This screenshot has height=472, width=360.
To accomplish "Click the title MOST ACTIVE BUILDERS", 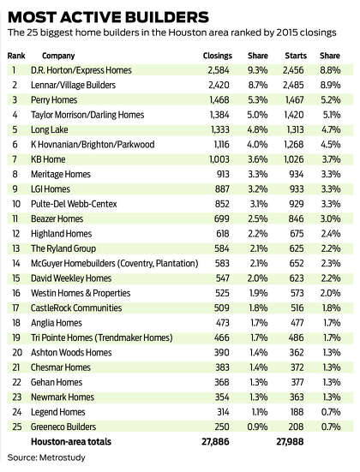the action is point(108,17).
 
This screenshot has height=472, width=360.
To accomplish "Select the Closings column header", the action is point(218,56).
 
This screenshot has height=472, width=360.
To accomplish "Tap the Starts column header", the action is point(296,56).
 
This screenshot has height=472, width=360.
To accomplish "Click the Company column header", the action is point(58,56).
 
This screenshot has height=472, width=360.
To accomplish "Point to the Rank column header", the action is point(16,56).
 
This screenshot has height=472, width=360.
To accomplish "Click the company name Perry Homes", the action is point(54,100).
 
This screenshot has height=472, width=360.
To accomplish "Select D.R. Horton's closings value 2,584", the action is point(219,70).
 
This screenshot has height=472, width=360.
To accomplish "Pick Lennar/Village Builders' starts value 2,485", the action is point(293,85).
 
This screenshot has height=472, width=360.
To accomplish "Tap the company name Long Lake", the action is point(50,129).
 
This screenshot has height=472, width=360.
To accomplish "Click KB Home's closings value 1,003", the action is point(219,159).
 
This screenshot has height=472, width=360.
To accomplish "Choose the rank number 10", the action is point(16,204).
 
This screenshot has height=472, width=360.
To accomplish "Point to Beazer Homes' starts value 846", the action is point(296,218).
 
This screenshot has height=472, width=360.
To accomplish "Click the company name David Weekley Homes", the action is point(71,278).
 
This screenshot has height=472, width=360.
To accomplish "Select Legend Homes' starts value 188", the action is point(297,412).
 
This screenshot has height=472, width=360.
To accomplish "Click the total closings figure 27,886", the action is point(215,442).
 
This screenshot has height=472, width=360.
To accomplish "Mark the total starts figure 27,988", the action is point(290,442).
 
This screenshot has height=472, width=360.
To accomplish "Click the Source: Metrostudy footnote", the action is point(46,457).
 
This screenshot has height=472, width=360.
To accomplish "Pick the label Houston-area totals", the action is point(71,442).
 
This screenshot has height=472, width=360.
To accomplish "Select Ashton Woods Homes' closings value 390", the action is point(222,352).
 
